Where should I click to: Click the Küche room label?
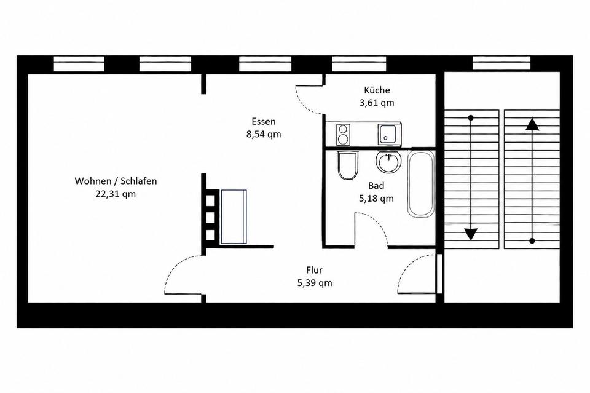click(377, 90)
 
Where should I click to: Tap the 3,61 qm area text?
click(377, 103)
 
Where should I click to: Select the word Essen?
click(264, 121)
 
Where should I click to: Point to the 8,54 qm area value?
click(264, 134)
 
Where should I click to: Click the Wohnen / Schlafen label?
click(116, 181)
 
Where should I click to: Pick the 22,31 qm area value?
click(116, 194)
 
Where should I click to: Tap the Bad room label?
click(376, 186)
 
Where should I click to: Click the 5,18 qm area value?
click(376, 199)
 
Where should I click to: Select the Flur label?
click(314, 270)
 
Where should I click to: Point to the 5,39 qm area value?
click(315, 283)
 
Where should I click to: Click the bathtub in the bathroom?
click(420, 184)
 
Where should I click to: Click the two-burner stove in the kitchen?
click(343, 135)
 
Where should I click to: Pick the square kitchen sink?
click(387, 134)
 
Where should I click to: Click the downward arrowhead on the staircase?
click(470, 234)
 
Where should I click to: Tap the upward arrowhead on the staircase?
click(532, 124)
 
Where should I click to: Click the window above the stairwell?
click(502, 63)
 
